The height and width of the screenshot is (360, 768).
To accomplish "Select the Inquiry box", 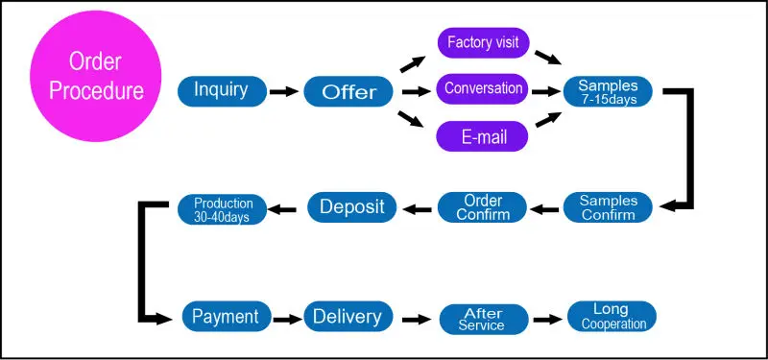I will pos(221,91).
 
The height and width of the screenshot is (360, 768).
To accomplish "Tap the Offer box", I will pos(349,92).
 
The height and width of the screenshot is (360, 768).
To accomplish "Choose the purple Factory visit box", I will pos(483,42).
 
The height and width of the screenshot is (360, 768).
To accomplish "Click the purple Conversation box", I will pos(483,89).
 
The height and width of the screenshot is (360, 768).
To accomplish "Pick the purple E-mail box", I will pos(483,137).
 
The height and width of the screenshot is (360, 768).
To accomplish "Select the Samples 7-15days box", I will pos(608,91).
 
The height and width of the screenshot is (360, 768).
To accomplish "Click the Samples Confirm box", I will pos(608,207).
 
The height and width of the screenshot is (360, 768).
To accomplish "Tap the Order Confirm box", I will pos(483,207).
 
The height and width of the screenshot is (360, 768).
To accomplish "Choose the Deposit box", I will pos(351,206).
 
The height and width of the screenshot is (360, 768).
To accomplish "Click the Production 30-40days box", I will pos(223,209).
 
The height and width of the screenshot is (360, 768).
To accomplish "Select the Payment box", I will pos(226,317).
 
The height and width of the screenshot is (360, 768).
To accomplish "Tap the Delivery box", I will pos(348,317).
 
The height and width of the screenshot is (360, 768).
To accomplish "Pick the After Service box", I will pos(483,319).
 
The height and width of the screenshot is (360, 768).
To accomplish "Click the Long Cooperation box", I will pos(612,317).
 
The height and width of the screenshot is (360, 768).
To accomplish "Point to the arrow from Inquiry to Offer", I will pos(283,92).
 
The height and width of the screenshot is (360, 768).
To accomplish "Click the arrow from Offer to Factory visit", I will pos(414,63).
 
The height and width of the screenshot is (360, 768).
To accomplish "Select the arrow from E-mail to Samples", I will pos(547,120).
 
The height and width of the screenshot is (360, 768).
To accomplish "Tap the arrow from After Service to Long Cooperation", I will pos(547,318).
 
